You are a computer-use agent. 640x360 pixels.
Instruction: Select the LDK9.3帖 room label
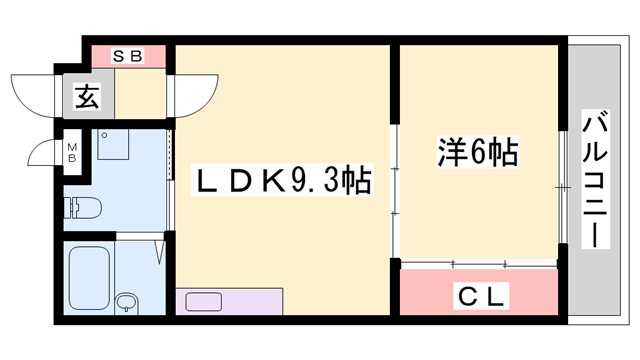[x=284, y=183]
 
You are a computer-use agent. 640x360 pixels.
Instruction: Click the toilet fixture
[x=85, y=208]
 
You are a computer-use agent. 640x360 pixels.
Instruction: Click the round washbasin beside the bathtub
[x=126, y=302]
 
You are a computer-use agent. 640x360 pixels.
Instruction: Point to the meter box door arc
[x=45, y=155]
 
